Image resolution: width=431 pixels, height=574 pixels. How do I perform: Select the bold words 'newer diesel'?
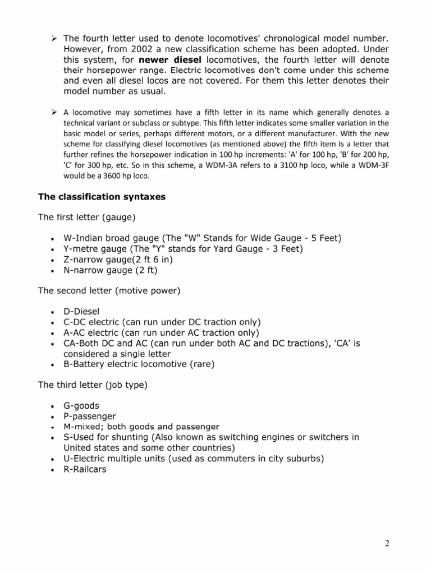pyautogui.click(x=170, y=59)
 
